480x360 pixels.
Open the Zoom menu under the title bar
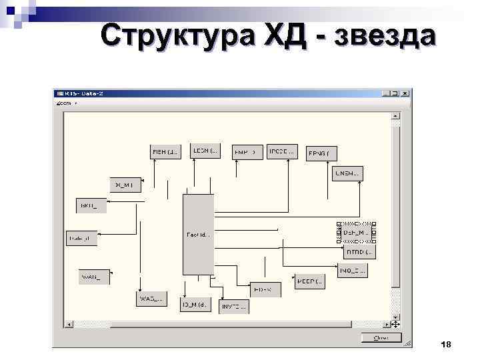[x=65, y=103]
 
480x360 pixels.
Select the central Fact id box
[x=199, y=235]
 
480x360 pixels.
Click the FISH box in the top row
[x=165, y=152]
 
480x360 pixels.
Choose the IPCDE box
[x=281, y=151]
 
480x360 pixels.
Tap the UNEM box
[x=347, y=173]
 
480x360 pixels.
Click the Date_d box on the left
[x=82, y=238]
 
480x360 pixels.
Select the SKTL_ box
[x=90, y=205]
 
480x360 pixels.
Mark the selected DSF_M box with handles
[x=357, y=232]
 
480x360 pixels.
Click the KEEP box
[x=309, y=280]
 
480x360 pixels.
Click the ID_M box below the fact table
[x=197, y=305]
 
